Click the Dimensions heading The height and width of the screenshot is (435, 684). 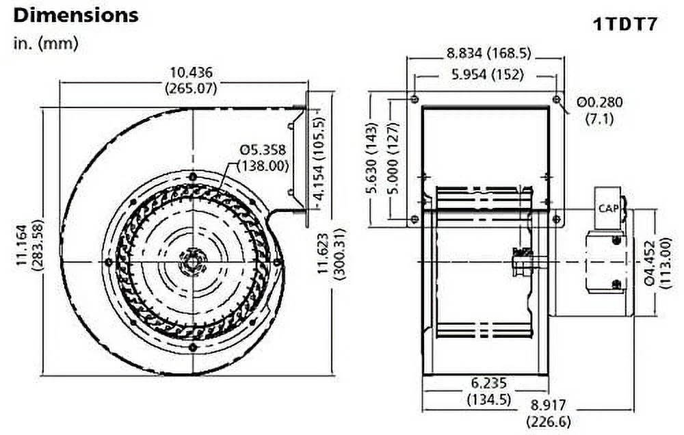click(76, 15)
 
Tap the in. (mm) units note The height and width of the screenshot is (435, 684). click(46, 44)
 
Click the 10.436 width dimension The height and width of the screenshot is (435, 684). click(191, 79)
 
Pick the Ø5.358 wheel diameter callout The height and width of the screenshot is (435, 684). click(263, 157)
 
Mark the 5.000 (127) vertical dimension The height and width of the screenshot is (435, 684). click(393, 161)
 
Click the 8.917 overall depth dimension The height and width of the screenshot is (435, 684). click(547, 414)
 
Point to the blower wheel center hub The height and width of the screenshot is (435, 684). click(193, 262)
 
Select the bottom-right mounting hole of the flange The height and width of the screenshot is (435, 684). click(556, 220)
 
